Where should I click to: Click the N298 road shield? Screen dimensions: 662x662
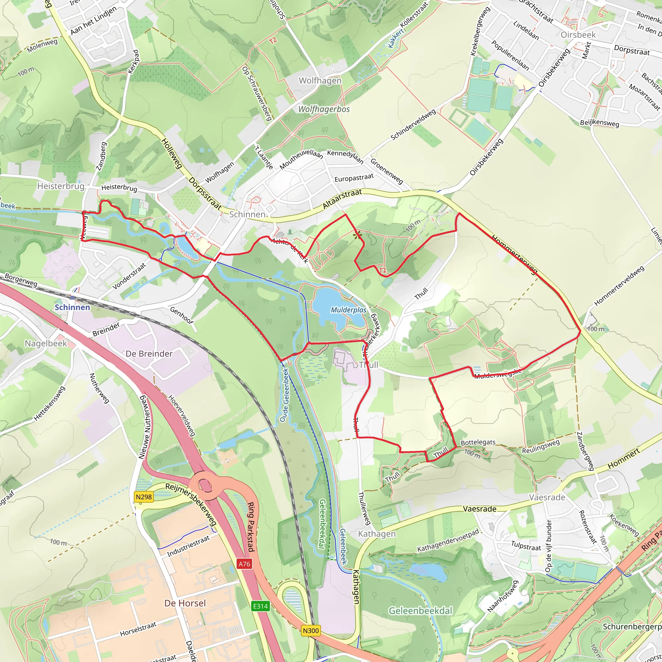tap(143, 497)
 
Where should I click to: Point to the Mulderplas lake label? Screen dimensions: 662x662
tap(348, 310)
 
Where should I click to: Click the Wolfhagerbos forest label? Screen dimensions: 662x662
tap(324, 109)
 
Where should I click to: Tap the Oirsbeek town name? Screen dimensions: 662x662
tap(578, 35)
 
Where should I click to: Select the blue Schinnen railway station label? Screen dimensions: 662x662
tap(72, 307)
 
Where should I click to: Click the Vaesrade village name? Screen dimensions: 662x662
tap(547, 497)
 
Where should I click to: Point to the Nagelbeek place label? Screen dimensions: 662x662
tap(46, 343)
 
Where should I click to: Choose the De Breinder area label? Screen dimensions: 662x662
tap(149, 354)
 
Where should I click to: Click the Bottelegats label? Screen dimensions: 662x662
tap(478, 443)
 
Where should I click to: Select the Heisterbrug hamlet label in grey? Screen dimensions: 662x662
tap(61, 186)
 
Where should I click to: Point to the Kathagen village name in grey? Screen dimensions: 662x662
tap(377, 534)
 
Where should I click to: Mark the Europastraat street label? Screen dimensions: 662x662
tap(354, 178)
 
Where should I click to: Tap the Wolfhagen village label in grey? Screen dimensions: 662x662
tap(320, 80)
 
